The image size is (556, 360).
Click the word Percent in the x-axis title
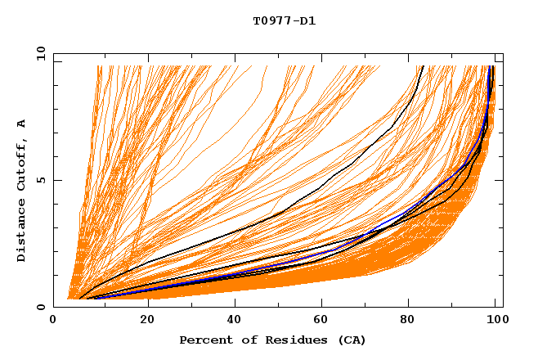203,340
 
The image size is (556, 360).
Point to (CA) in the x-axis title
349,340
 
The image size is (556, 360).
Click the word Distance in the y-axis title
22,234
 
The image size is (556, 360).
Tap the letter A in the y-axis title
22,124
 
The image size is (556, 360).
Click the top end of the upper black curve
421,66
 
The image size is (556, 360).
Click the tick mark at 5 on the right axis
500,180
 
